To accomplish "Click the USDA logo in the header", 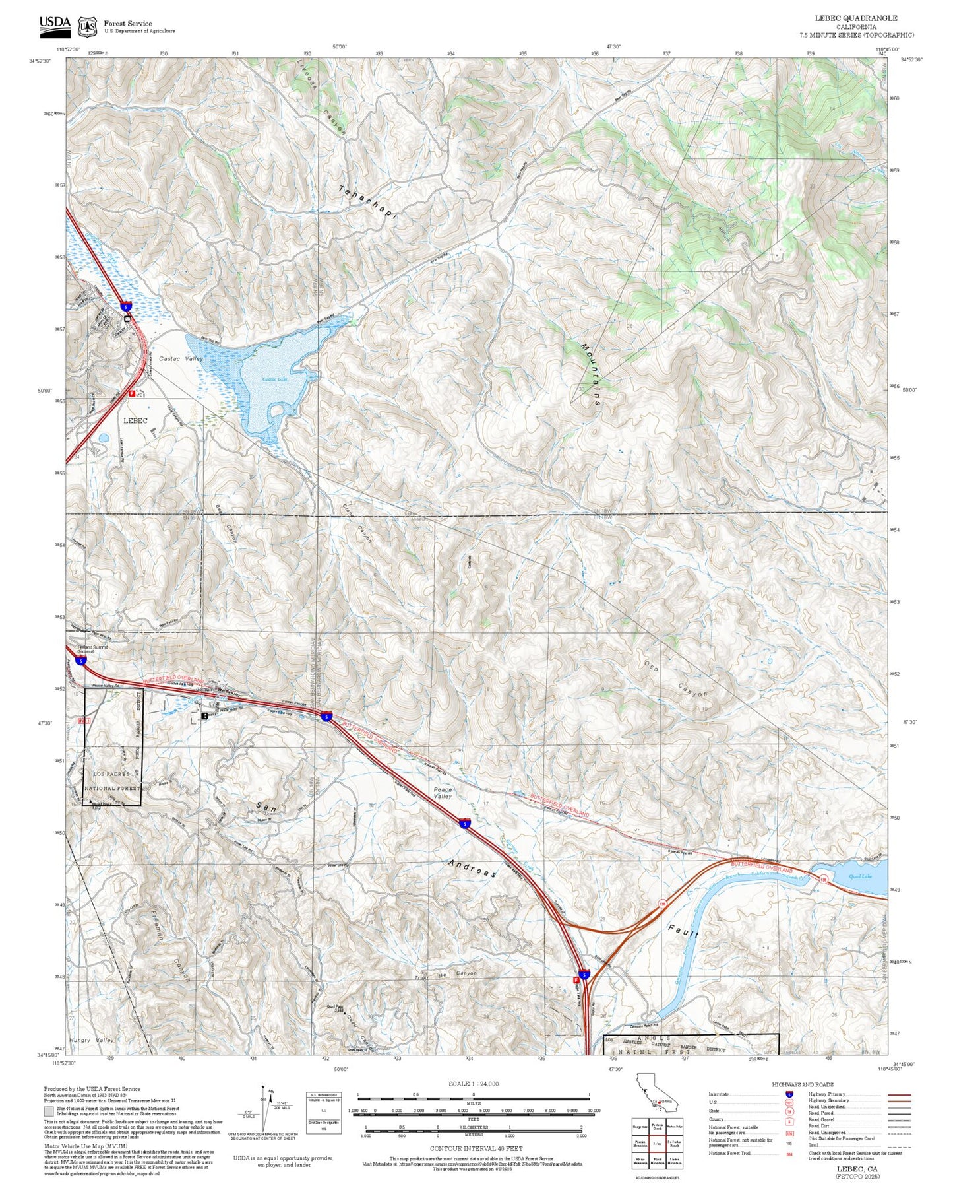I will (x=54, y=25).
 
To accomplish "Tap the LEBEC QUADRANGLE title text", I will (x=856, y=18).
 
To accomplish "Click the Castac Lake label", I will (x=274, y=379).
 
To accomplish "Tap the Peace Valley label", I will (x=443, y=793).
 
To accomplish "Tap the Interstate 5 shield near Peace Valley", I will (x=465, y=824).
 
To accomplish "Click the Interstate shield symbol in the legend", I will (x=789, y=1094).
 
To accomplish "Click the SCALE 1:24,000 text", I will (x=473, y=1084).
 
